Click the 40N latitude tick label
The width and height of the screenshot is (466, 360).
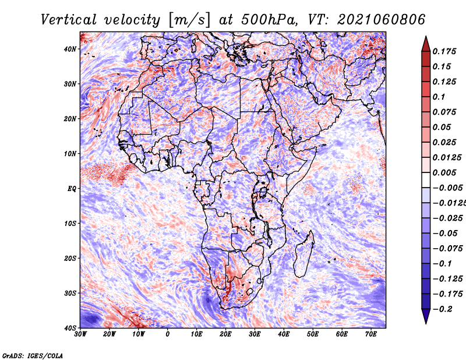(x=69, y=49)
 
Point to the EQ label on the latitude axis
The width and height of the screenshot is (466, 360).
(x=72, y=189)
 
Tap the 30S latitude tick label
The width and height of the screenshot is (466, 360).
(x=70, y=293)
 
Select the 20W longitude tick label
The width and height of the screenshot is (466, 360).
(x=109, y=334)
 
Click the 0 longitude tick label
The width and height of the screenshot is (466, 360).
(x=168, y=334)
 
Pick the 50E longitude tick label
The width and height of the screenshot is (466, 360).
(x=313, y=334)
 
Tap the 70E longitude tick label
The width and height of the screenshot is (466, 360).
(x=370, y=334)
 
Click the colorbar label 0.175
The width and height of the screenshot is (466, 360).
(x=444, y=51)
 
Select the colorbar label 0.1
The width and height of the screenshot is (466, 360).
(x=439, y=97)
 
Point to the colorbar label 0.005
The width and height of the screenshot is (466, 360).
(x=444, y=172)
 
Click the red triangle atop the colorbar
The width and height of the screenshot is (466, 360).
(x=426, y=45)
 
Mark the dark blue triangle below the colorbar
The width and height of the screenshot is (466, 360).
(x=426, y=316)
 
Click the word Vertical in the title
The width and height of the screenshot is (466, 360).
(x=69, y=20)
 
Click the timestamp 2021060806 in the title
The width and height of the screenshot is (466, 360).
(x=381, y=20)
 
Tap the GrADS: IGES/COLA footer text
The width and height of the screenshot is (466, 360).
(x=33, y=355)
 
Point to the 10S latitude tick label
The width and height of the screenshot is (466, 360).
(x=70, y=223)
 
